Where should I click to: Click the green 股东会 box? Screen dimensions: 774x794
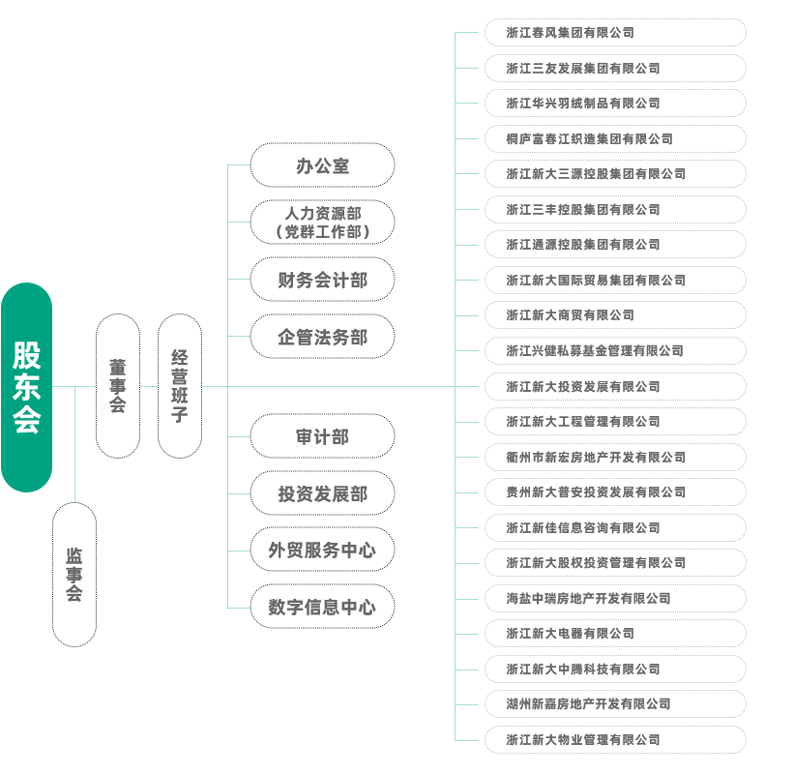click(26, 387)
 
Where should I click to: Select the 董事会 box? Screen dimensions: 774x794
click(117, 385)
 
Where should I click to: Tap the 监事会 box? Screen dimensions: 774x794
click(74, 575)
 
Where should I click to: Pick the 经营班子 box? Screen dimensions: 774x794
click(179, 385)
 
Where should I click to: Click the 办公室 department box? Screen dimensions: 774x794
click(322, 165)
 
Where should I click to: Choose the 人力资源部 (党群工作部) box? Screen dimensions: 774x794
click(322, 223)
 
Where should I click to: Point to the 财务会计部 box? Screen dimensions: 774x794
click(322, 281)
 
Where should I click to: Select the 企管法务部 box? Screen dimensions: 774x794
click(322, 337)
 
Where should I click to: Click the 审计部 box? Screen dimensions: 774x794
click(322, 436)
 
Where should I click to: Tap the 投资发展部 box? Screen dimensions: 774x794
click(322, 493)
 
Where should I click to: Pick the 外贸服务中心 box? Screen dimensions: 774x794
click(322, 551)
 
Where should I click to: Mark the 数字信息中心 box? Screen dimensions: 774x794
click(322, 608)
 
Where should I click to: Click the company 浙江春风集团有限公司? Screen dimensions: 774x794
click(614, 33)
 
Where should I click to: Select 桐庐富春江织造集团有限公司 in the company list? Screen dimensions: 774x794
click(614, 139)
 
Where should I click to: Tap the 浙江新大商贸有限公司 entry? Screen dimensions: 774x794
click(614, 315)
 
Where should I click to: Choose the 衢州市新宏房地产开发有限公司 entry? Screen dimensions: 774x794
click(614, 457)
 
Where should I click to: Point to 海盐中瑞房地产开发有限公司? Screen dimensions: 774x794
click(614, 598)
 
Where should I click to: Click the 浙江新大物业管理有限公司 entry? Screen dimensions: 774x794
click(614, 739)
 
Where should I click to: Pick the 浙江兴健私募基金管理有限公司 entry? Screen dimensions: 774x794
click(614, 350)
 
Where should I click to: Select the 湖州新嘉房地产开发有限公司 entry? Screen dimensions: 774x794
click(614, 703)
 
